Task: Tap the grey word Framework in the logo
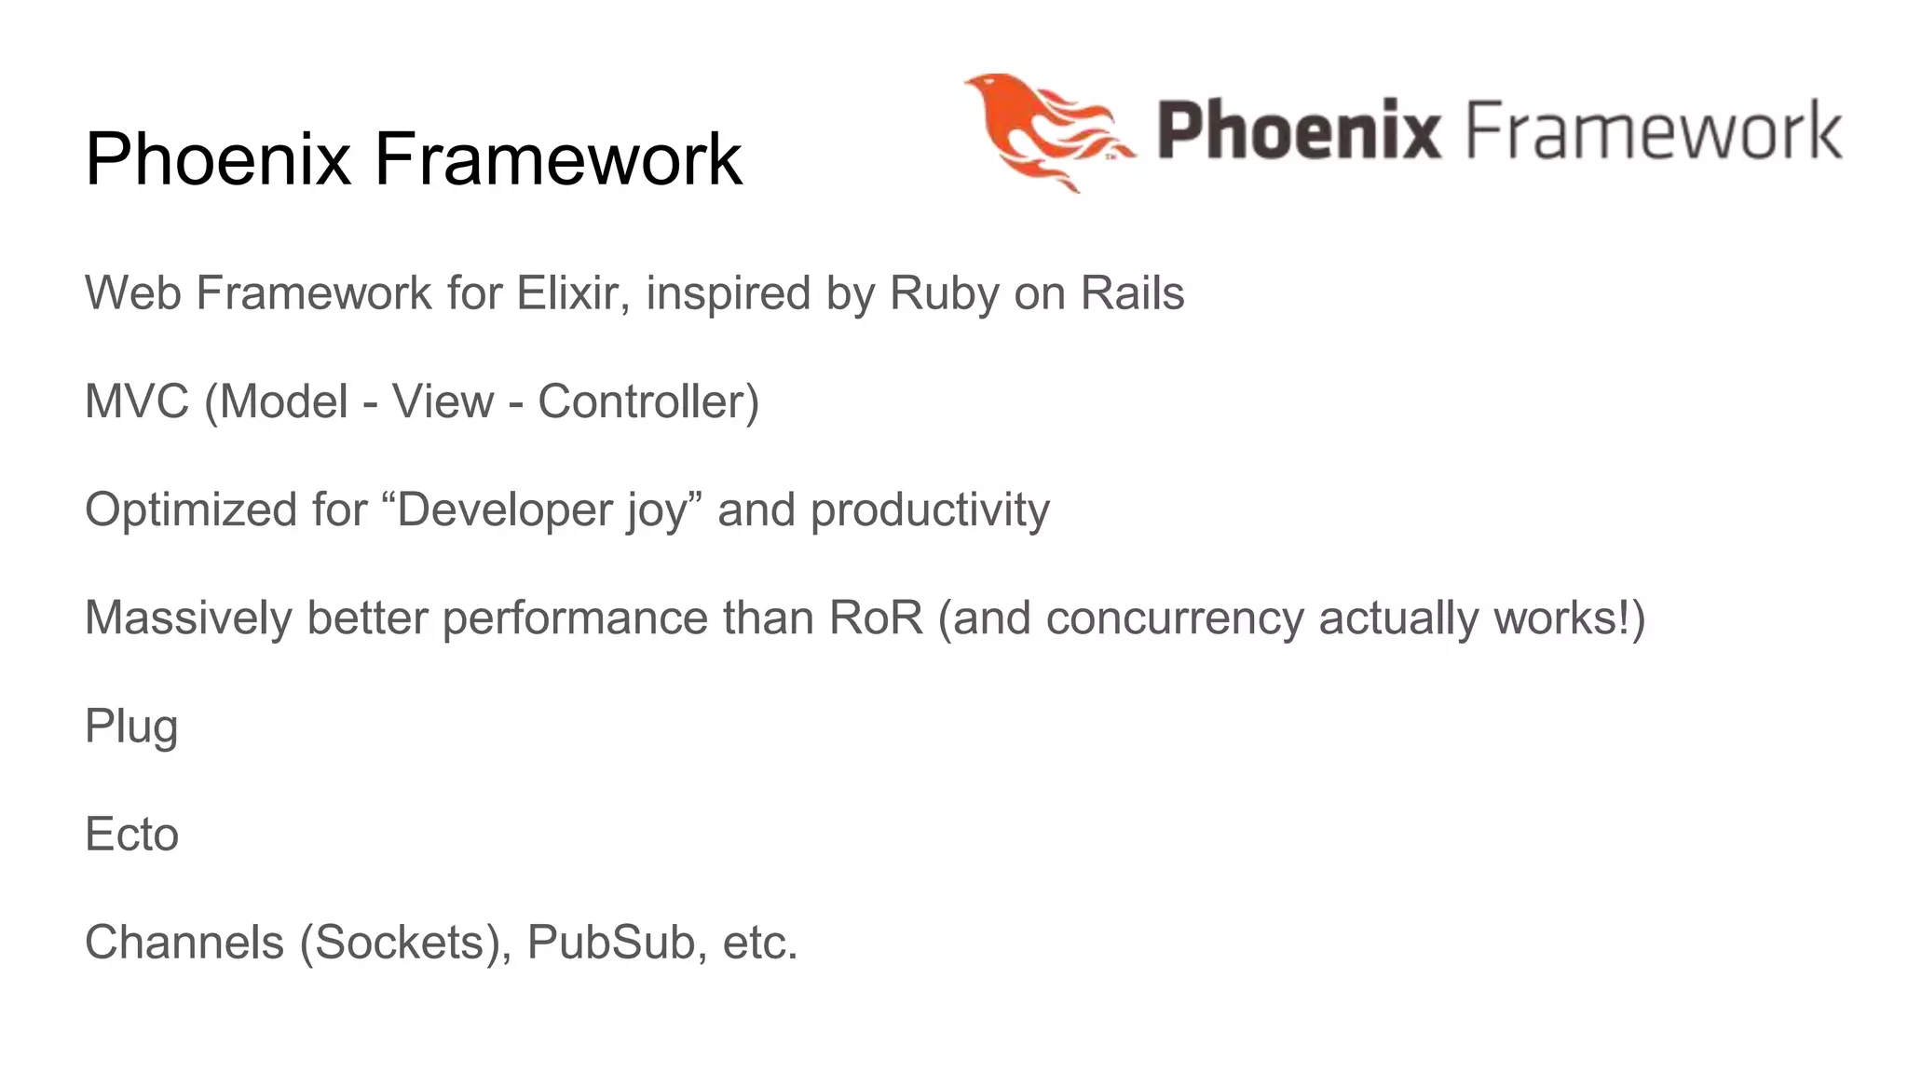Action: (1655, 130)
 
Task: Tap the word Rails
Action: (1132, 293)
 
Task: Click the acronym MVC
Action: (137, 401)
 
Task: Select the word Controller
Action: (643, 401)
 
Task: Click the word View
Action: (443, 401)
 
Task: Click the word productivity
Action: (930, 510)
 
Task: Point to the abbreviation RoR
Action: (876, 618)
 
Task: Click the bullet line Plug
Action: (131, 727)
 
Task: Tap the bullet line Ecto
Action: (131, 834)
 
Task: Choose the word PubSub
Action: (610, 942)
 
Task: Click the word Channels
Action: (184, 942)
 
